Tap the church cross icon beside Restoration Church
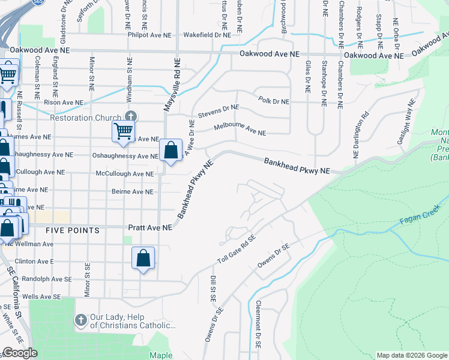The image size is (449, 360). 130,117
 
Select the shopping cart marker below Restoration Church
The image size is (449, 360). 124,131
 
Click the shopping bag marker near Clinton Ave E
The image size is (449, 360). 143,259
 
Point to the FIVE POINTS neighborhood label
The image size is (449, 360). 73,230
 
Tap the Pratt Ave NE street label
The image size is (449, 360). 151,228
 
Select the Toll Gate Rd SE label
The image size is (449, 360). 236,250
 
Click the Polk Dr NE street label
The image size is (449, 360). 273,100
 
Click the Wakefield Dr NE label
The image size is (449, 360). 206,35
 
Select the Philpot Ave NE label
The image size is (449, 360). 148,35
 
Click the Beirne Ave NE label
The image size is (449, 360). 133,191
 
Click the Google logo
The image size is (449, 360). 20,353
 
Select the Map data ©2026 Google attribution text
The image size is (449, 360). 411,355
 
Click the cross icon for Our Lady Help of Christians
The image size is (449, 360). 80,319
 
